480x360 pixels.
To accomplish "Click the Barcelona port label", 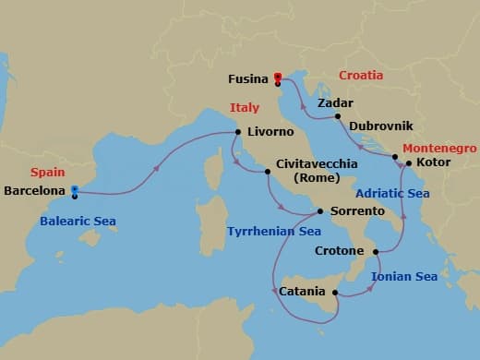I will [35, 191].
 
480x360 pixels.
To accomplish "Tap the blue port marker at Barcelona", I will [74, 192].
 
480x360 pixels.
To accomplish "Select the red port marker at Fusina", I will [278, 78].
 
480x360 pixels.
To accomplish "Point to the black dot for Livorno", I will [238, 132].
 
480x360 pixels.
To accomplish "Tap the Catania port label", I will [301, 293].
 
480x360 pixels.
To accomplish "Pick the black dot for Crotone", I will [376, 251].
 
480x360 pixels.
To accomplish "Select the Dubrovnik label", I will [380, 125].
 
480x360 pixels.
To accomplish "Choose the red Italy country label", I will [245, 108].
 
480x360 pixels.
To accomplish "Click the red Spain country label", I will [46, 173].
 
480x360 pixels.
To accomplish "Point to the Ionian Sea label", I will [403, 276].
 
